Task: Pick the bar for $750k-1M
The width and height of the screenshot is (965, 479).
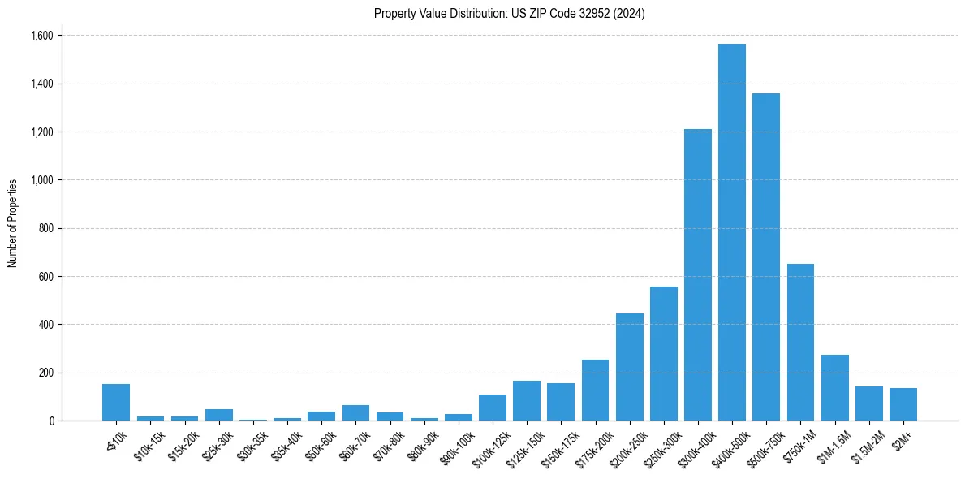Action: [x=800, y=342]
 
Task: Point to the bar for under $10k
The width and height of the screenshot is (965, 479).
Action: [x=116, y=402]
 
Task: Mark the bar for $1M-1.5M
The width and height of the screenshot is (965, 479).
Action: [x=834, y=387]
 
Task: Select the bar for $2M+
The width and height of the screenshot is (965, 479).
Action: [x=903, y=404]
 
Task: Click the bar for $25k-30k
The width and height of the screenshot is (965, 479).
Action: [x=218, y=415]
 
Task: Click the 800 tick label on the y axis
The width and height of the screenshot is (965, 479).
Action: [x=46, y=228]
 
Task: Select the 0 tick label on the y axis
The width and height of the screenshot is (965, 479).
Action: [x=51, y=421]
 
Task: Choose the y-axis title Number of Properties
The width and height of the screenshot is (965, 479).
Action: [x=13, y=223]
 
